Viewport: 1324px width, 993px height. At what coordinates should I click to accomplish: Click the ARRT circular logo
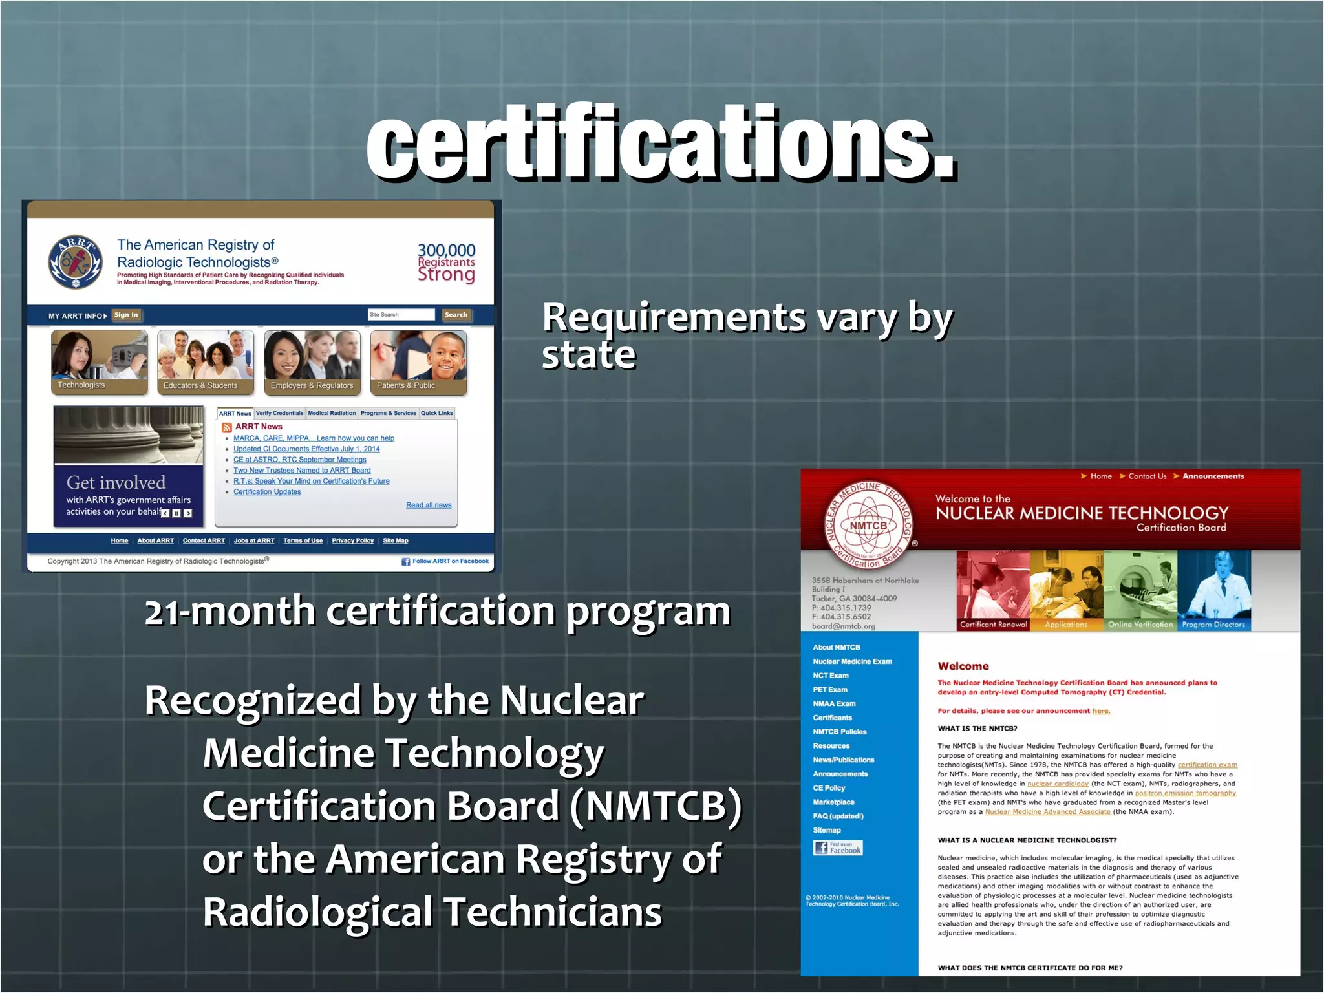[76, 262]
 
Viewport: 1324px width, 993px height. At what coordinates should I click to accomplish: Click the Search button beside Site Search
[456, 315]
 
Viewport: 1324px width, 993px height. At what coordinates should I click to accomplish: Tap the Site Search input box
[401, 315]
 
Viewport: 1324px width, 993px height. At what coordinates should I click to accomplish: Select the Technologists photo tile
[100, 361]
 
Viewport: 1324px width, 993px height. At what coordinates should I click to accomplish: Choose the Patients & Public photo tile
[418, 361]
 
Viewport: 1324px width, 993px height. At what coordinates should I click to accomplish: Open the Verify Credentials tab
[279, 413]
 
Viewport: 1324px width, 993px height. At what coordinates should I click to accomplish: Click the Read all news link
[429, 505]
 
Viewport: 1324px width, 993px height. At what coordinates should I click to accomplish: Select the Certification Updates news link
[267, 492]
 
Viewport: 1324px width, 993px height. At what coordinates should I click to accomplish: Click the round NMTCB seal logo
[869, 526]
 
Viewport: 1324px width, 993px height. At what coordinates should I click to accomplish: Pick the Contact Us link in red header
[1147, 476]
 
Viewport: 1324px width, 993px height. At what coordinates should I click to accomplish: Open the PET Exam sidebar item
[830, 690]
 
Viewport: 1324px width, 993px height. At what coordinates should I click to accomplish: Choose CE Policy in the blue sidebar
[829, 788]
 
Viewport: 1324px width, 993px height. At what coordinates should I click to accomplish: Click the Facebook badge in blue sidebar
[838, 848]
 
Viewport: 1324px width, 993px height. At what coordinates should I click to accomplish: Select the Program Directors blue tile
[1213, 590]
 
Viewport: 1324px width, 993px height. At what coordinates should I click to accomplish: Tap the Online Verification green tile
[1140, 590]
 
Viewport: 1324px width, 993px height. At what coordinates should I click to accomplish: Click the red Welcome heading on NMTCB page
[963, 666]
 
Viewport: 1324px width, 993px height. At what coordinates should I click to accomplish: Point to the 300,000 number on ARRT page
[446, 250]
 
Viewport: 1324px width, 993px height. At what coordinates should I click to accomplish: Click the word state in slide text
[589, 355]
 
